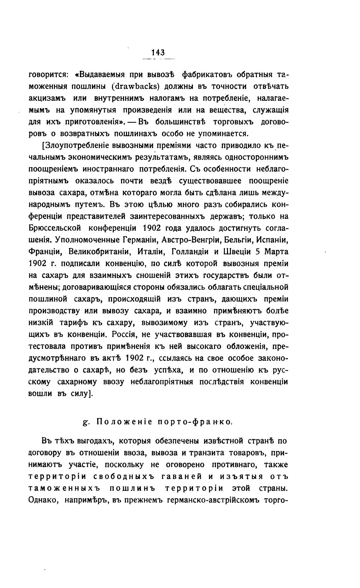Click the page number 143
[158, 52]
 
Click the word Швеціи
[233, 252]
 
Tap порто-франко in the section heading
[195, 422]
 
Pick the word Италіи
[150, 252]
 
